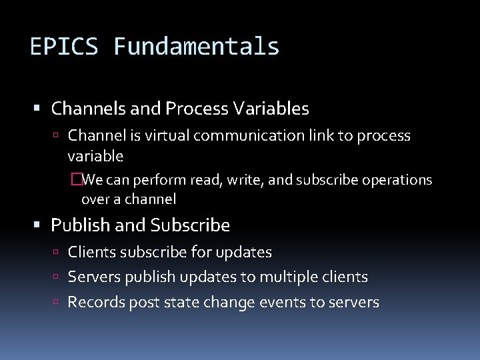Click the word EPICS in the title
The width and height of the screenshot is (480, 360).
65,47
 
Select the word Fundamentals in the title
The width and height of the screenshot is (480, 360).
196,47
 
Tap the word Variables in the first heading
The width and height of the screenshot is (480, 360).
271,108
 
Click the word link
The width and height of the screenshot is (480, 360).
326,136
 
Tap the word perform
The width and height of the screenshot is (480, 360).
160,181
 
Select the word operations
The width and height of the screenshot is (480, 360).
397,181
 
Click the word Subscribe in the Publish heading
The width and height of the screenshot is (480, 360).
190,226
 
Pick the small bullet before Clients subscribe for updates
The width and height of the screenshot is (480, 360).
59,253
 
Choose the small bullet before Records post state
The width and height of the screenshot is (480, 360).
59,303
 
